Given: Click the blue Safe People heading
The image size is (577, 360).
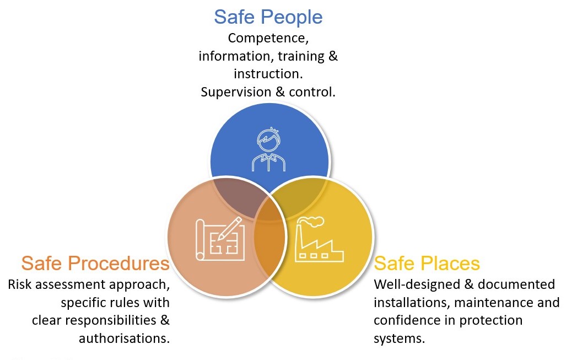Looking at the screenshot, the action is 268,18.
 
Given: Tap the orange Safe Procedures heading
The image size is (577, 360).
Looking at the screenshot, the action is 95,264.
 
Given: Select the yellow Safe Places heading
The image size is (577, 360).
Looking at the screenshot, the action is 427,264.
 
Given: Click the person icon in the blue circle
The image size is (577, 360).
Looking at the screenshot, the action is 268,149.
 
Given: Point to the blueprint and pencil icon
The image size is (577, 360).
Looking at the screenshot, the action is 220,239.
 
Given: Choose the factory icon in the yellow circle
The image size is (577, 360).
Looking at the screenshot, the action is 319,239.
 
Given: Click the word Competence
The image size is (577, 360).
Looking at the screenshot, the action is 268,38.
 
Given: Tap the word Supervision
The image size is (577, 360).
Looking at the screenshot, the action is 236,92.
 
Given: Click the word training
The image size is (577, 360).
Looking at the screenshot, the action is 301,56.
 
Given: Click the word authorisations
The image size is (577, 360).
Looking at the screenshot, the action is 125,338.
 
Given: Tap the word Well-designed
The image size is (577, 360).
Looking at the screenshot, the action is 417,284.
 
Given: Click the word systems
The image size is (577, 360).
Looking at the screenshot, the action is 399,338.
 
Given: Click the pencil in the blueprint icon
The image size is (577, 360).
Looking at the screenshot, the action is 230,228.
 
